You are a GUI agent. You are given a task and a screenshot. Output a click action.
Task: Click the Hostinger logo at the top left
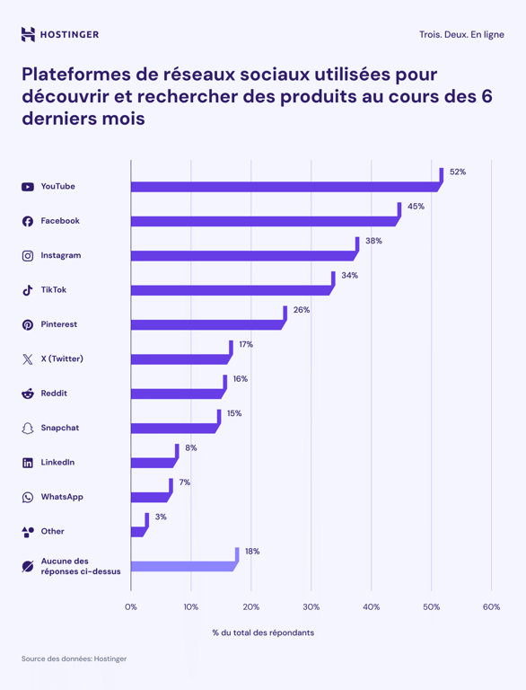coord(60,35)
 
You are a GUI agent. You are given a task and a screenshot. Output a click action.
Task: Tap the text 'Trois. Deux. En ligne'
coord(460,35)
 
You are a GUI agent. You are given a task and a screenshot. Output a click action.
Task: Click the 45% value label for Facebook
coord(416,207)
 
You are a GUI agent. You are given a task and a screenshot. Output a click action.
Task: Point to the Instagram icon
coord(28,256)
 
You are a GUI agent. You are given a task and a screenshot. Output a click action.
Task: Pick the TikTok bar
coord(230,290)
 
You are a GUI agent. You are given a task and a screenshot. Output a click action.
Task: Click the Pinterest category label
coord(58,324)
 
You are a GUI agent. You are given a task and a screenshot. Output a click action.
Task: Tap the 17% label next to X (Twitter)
coord(246,345)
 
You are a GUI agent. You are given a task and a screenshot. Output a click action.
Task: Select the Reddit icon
coord(28,394)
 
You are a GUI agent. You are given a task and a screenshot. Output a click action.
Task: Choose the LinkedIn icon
coord(28,463)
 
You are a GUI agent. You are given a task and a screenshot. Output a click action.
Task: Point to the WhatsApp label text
coord(61,497)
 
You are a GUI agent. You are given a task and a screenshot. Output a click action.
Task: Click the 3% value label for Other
coord(161,517)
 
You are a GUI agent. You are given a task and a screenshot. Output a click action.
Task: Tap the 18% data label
coord(252,552)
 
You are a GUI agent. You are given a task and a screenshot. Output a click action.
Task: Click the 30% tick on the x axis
coord(311,607)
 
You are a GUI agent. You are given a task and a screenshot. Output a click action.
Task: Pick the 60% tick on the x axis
coord(491,607)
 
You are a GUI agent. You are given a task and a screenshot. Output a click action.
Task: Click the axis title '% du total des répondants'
coord(263,632)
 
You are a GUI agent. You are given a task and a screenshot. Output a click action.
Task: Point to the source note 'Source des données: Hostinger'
coord(74,659)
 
